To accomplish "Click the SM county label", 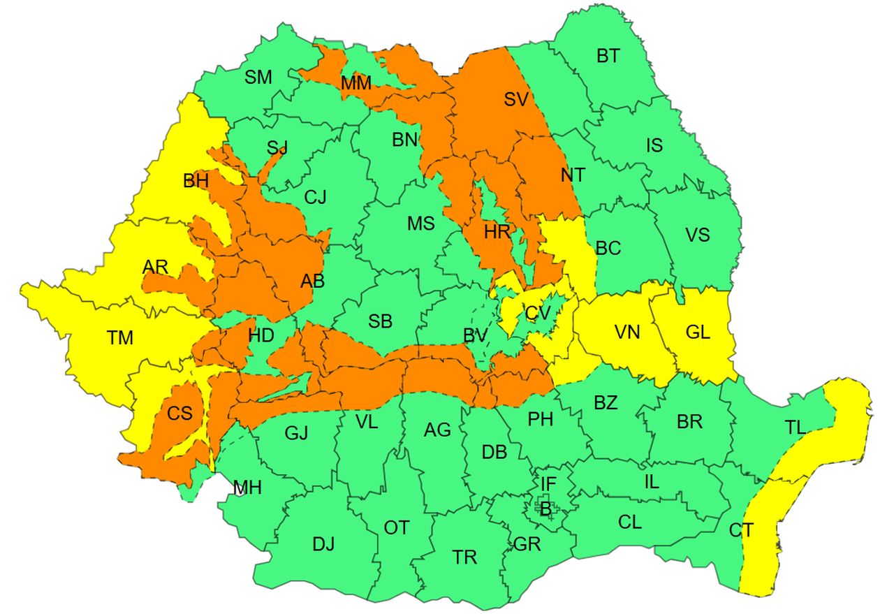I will [258, 77].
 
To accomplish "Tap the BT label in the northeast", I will [608, 56].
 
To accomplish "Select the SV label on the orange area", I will [515, 99].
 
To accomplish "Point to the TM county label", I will [120, 338].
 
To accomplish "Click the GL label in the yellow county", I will [697, 332].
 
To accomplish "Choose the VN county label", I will [627, 332].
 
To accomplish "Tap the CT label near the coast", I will [741, 531].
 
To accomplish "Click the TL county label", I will [795, 428].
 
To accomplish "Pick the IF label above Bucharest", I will [548, 482].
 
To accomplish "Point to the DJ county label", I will [323, 543].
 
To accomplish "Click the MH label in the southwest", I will [247, 488].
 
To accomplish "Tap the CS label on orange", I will [179, 413].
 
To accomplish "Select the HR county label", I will [497, 232].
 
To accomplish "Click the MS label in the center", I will [421, 224].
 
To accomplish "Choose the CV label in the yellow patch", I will [538, 314].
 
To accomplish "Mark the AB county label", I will [312, 281].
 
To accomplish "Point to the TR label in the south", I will [464, 557].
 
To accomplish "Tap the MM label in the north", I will [356, 84].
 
